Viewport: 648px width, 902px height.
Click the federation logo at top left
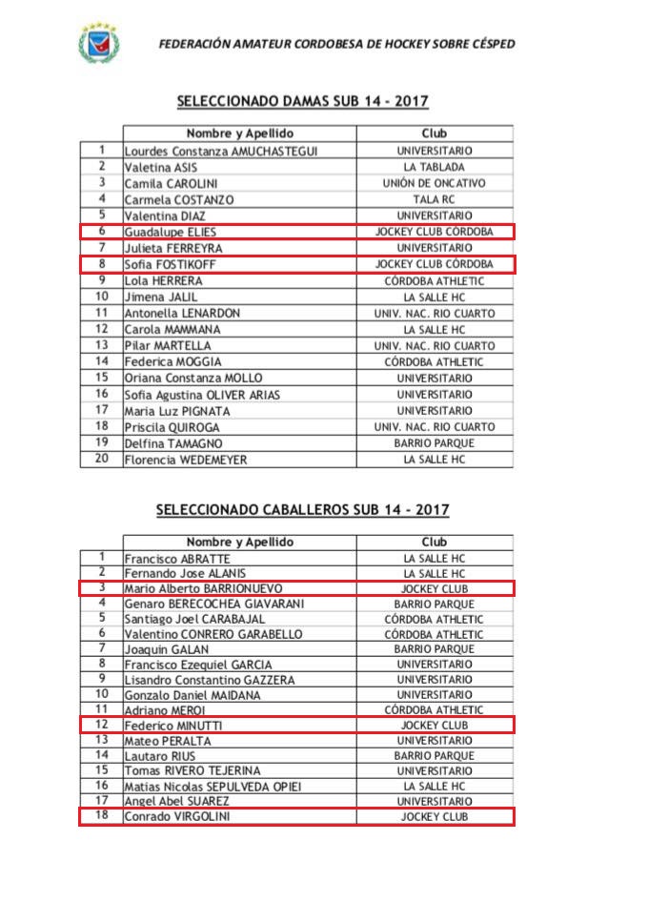point(98,43)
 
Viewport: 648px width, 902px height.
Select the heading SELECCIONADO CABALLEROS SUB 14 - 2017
point(302,510)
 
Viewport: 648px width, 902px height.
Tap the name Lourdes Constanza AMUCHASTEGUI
point(221,151)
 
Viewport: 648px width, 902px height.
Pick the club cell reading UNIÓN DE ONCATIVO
point(434,183)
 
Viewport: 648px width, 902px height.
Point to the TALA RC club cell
point(434,199)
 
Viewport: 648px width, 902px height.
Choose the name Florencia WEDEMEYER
point(186,460)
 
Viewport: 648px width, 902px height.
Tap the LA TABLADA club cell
point(434,167)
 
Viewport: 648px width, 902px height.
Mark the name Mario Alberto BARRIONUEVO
point(203,589)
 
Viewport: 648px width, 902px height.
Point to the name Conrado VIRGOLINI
point(178,817)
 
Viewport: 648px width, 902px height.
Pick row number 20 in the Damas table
point(101,460)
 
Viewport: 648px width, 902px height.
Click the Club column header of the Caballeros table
point(434,542)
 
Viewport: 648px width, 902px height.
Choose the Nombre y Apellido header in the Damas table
point(239,133)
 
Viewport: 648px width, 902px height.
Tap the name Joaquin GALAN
point(162,648)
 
